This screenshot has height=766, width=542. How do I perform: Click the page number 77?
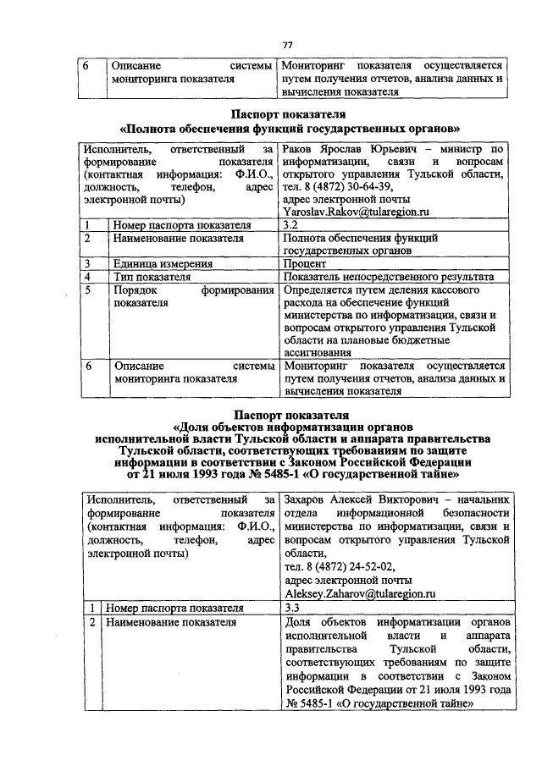(287, 45)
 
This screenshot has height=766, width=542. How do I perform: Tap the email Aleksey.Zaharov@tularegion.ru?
(359, 595)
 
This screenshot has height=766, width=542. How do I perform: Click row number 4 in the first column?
(87, 277)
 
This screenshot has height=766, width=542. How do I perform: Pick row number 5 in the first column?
(87, 289)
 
